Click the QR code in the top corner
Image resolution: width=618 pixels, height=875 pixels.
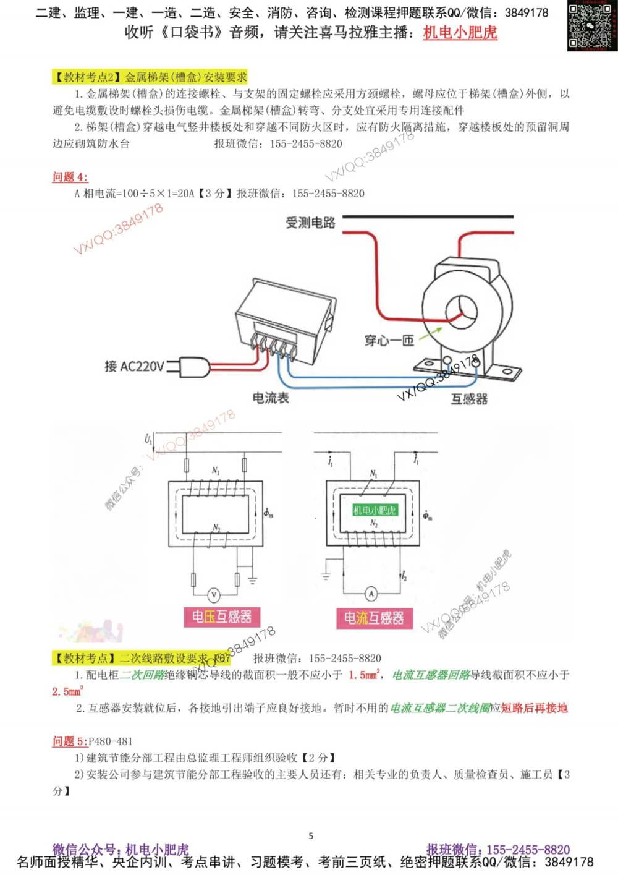coord(592,26)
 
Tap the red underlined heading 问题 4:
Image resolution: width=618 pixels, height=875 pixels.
coord(70,177)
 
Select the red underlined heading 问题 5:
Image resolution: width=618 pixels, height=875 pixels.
coord(70,741)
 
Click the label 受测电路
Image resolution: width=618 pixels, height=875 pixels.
coord(310,223)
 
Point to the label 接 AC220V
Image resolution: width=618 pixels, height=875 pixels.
coord(134,367)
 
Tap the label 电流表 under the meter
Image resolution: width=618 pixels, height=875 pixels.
coord(271,398)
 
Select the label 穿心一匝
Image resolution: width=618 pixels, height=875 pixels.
coord(389,341)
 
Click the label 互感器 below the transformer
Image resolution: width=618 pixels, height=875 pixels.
coord(469,399)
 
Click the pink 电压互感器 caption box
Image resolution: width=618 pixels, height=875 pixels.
coord(222,617)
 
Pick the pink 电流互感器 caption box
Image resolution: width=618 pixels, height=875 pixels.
coord(374,618)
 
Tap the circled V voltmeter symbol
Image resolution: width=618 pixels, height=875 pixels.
coord(214,595)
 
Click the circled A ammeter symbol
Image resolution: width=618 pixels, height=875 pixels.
coord(371,594)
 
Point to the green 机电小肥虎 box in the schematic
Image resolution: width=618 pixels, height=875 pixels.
coord(375,510)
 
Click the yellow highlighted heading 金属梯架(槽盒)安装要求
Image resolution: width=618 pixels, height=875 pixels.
coord(150,77)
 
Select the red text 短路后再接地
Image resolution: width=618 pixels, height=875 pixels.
coord(534,708)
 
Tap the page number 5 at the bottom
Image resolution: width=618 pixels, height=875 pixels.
coord(311,836)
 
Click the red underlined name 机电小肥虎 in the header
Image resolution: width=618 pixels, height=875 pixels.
coord(460,33)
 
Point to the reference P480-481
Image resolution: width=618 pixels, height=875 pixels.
coord(111,741)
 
